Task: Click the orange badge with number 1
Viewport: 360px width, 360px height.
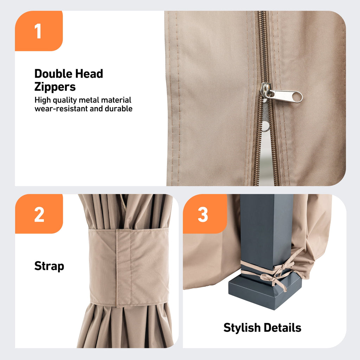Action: [38, 31]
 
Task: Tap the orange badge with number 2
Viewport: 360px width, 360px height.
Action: [39, 214]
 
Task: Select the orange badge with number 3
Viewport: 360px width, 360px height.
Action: [203, 214]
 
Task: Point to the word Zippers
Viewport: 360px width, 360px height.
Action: [55, 86]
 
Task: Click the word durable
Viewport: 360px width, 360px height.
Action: [118, 109]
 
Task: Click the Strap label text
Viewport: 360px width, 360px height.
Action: [49, 266]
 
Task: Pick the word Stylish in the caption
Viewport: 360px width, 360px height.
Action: [242, 328]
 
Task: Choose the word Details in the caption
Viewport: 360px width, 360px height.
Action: [283, 328]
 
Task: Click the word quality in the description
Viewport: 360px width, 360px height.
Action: [65, 100]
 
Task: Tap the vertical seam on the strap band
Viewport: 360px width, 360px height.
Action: [117, 267]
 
